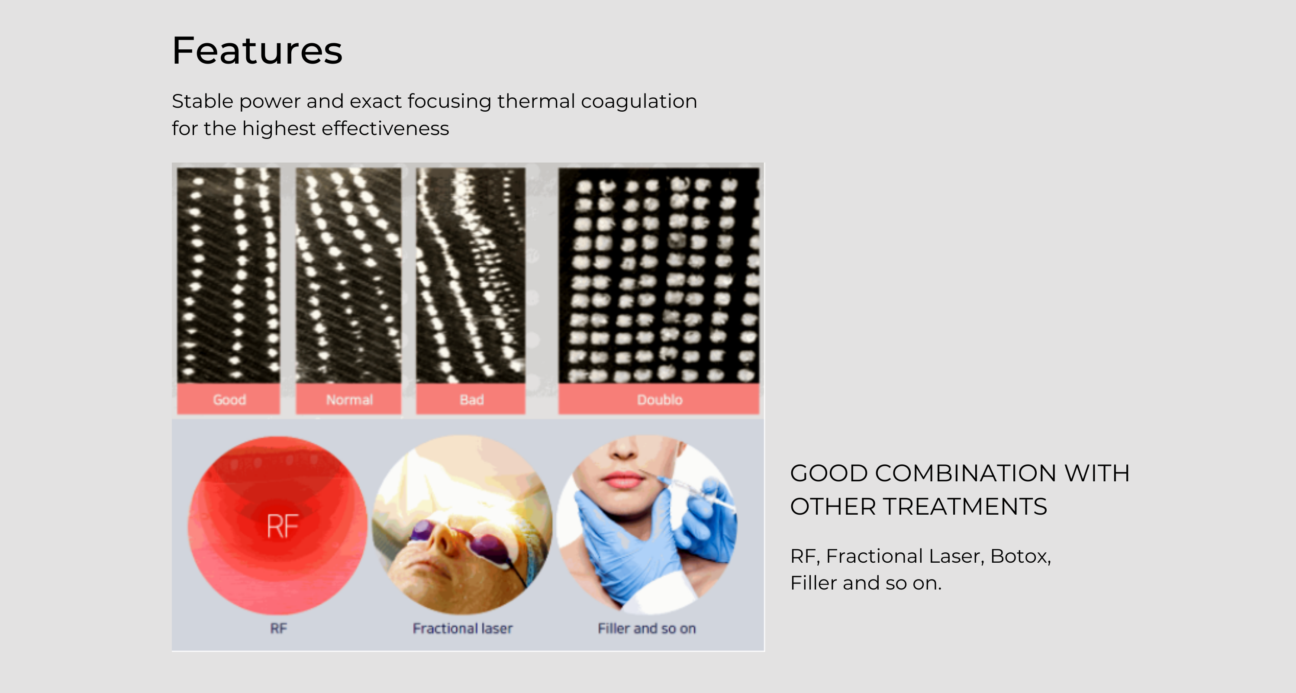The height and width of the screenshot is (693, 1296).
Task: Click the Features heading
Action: pyautogui.click(x=257, y=51)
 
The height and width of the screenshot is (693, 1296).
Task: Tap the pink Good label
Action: pyautogui.click(x=229, y=399)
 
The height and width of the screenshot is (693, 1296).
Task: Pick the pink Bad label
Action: pyautogui.click(x=471, y=399)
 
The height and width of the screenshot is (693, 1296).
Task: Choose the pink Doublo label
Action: pyautogui.click(x=659, y=399)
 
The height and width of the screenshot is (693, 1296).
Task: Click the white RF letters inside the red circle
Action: pyautogui.click(x=283, y=526)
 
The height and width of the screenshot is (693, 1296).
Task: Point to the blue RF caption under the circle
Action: pyautogui.click(x=279, y=628)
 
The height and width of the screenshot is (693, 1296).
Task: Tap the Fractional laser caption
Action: pyautogui.click(x=462, y=628)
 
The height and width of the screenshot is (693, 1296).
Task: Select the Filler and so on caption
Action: pyautogui.click(x=647, y=628)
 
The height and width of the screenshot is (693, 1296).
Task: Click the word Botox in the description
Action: pyautogui.click(x=1020, y=556)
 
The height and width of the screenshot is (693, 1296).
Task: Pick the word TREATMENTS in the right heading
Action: pyautogui.click(x=965, y=506)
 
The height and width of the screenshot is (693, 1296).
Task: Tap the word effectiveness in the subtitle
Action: pyautogui.click(x=385, y=128)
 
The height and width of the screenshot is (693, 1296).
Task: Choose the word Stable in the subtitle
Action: pyautogui.click(x=203, y=101)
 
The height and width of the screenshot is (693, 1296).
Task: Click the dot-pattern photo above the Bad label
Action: pyautogui.click(x=471, y=275)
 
